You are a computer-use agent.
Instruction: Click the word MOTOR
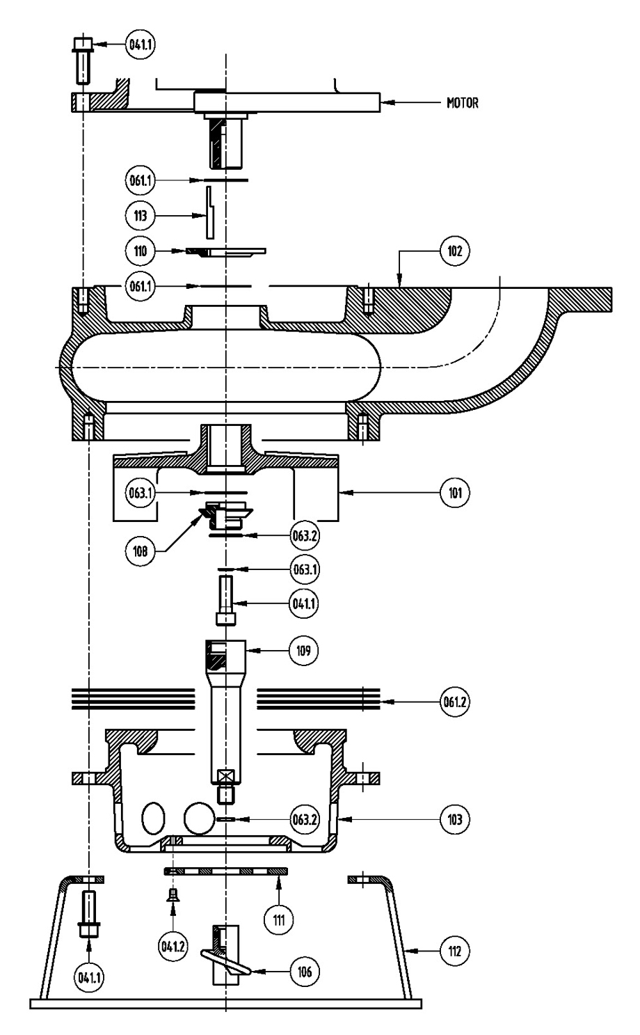[x=462, y=102]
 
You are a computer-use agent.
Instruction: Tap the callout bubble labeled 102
[x=454, y=251]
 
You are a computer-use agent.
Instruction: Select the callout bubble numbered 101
[x=454, y=493]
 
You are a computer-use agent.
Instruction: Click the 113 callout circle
[x=141, y=215]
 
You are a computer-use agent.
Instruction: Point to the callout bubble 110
[x=141, y=251]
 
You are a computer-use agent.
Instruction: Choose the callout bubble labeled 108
[x=141, y=551]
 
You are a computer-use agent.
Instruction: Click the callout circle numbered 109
[x=303, y=651]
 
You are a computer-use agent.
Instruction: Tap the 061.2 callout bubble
[x=454, y=702]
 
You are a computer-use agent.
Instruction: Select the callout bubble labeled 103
[x=454, y=819]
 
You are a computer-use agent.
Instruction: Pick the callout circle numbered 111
[x=279, y=920]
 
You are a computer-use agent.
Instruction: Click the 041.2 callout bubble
[x=173, y=947]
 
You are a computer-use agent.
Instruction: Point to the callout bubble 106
[x=304, y=972]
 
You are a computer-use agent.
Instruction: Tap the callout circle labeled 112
[x=454, y=951]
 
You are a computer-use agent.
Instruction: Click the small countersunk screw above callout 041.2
[x=174, y=895]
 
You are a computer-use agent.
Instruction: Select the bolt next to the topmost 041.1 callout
[x=83, y=61]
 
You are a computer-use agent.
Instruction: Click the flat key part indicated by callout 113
[x=210, y=212]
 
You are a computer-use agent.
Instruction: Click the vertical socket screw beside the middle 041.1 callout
[x=226, y=600]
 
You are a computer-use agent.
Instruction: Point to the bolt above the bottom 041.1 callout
[x=89, y=914]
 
